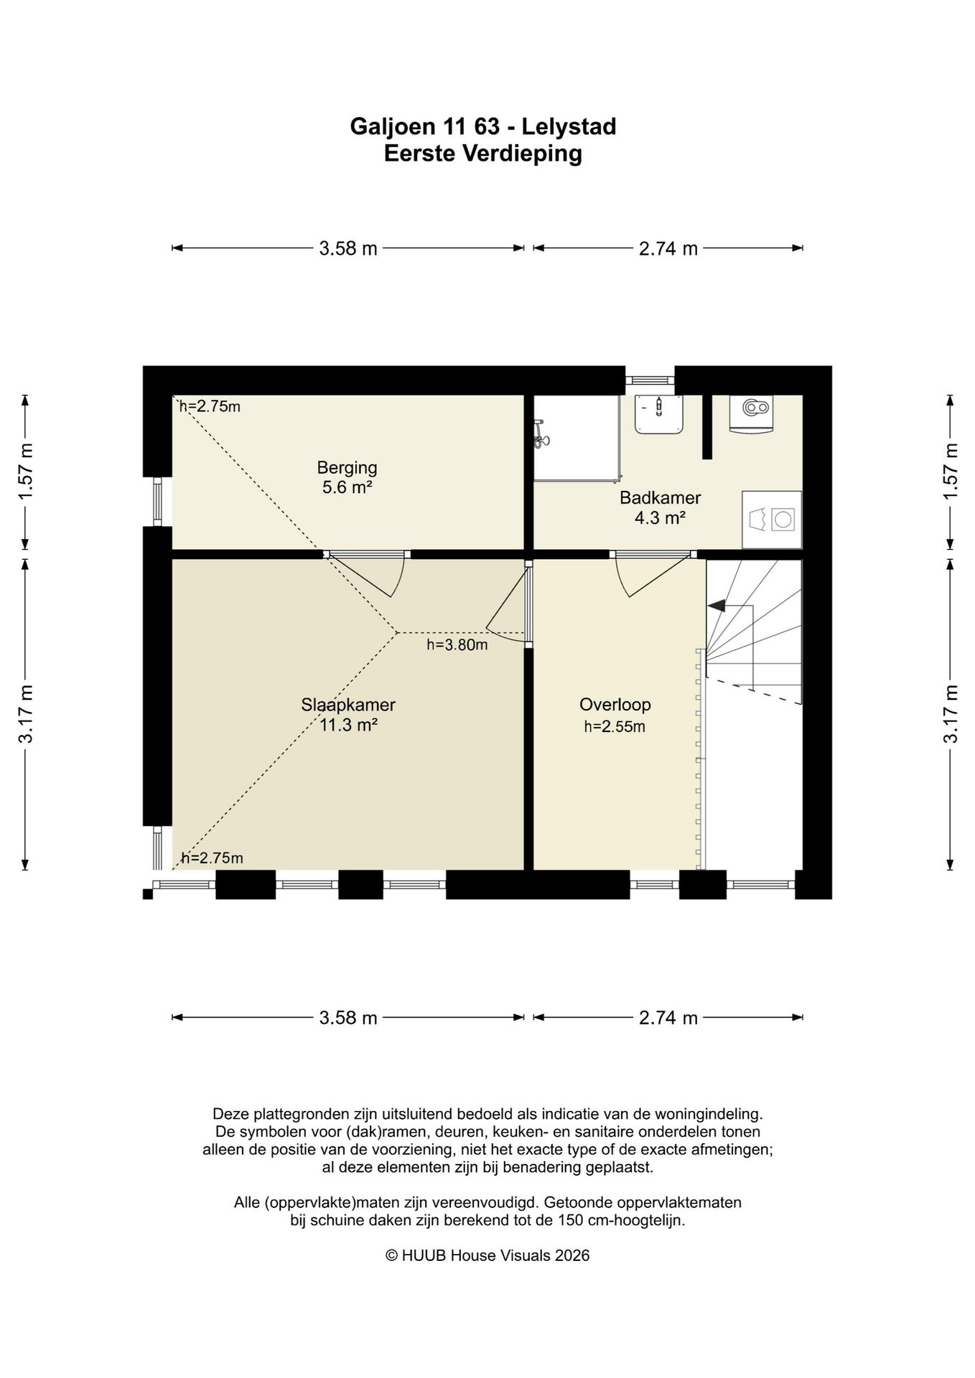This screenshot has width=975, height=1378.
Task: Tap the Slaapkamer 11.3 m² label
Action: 348,714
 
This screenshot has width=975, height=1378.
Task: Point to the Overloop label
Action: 615,705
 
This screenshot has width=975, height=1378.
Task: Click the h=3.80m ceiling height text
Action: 457,645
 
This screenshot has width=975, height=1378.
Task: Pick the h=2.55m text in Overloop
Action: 615,726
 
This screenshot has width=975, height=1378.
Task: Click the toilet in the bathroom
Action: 751,413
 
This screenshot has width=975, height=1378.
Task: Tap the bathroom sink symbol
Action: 658,415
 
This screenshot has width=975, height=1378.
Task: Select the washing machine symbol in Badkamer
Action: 771,520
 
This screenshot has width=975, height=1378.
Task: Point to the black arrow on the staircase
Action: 717,606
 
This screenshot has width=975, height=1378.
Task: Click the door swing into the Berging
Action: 373,574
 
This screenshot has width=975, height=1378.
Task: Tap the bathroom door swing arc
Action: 646,576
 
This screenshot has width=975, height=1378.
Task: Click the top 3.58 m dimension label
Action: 348,248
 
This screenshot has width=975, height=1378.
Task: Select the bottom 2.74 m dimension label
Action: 668,1018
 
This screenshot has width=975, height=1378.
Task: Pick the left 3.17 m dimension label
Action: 26,713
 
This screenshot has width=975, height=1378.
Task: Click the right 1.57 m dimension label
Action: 951,472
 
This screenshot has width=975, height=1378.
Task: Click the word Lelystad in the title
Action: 569,127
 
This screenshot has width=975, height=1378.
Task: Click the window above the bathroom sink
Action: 650,380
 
